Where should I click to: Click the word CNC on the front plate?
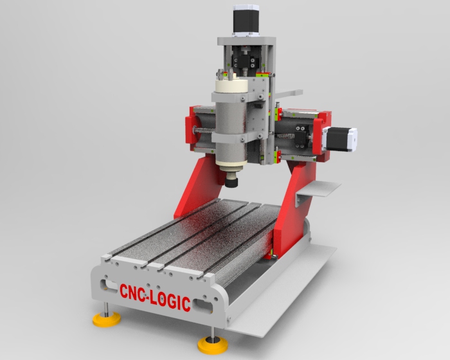click(x=132, y=292)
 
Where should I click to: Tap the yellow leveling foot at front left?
click(x=107, y=319)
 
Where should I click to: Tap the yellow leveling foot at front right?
click(x=213, y=345)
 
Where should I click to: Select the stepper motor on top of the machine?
click(x=246, y=20)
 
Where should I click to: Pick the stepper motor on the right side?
click(x=340, y=139)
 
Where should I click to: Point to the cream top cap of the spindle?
click(x=231, y=85)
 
